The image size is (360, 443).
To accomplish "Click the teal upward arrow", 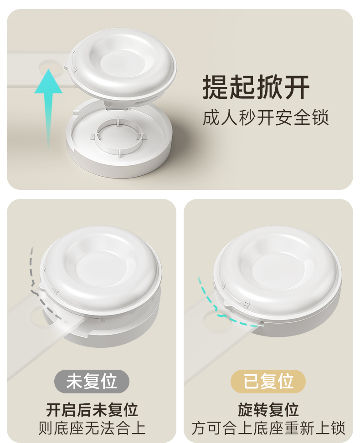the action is (49, 107).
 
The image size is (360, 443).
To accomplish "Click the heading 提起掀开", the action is (256, 87).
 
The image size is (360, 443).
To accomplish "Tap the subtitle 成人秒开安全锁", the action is (266, 117).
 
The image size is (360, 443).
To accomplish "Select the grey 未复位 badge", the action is (92, 381).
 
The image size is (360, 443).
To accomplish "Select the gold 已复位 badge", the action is (268, 381).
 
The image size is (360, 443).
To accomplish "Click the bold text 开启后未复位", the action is (92, 410).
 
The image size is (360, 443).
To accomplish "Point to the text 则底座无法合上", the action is (92, 428).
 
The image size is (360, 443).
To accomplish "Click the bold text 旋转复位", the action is (268, 410).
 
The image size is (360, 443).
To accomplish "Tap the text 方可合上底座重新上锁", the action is (268, 428).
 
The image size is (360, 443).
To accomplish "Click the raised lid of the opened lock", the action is (122, 64).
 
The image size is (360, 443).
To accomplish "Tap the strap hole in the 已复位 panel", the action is (215, 321).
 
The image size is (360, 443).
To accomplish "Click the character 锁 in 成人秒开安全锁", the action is (320, 117).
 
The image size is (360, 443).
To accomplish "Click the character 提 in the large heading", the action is (216, 87).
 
